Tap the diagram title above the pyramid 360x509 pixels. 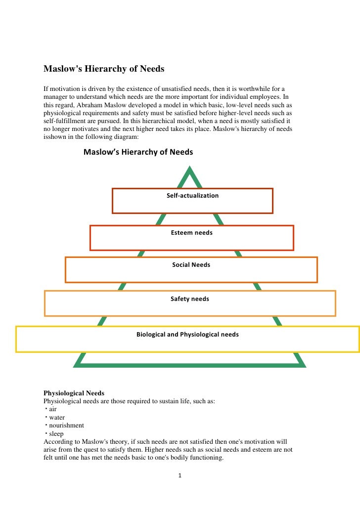[x=138, y=152]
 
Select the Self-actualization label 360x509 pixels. [x=192, y=196]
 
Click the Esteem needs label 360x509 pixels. [x=191, y=233]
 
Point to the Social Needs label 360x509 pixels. [x=191, y=265]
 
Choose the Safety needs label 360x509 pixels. [x=190, y=299]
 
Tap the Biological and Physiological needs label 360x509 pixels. [x=187, y=335]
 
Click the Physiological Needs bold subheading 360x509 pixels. [x=74, y=393]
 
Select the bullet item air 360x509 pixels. [x=52, y=410]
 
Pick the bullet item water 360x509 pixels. [x=57, y=418]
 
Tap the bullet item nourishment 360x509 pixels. [x=66, y=425]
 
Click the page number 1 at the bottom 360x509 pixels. [x=180, y=476]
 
